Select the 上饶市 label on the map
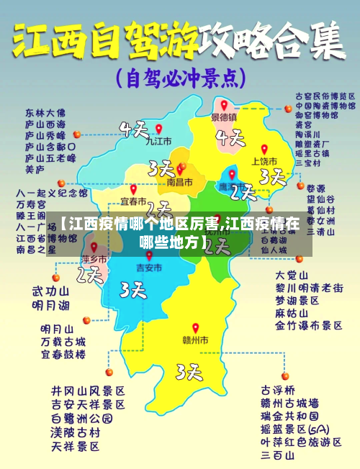click(x=264, y=161)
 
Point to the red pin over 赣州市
click(x=194, y=328)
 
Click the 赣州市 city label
click(x=194, y=340)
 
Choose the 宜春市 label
click(x=133, y=200)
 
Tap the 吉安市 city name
click(x=149, y=267)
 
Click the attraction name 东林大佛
click(x=45, y=113)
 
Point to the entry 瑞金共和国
click(x=292, y=416)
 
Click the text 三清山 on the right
click(x=320, y=232)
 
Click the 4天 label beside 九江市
click(x=134, y=130)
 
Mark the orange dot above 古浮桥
click(x=285, y=375)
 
